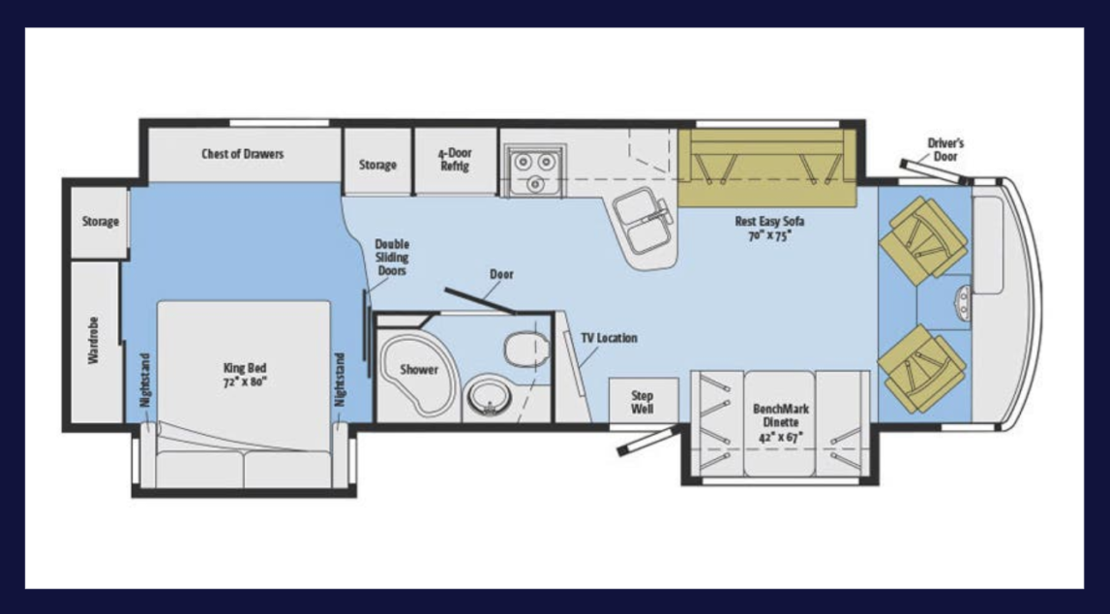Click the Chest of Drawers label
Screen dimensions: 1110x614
pyautogui.click(x=242, y=154)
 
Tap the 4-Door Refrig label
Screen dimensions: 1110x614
pyautogui.click(x=455, y=160)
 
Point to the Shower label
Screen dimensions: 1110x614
pyautogui.click(x=419, y=369)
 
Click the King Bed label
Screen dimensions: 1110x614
pyautogui.click(x=244, y=375)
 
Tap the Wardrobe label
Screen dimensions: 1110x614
pyautogui.click(x=93, y=340)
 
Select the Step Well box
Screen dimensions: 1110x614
pyautogui.click(x=643, y=402)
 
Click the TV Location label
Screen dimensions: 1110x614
pyautogui.click(x=609, y=338)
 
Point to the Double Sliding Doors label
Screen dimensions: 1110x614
pyautogui.click(x=392, y=258)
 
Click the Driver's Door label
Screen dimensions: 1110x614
pyautogui.click(x=945, y=149)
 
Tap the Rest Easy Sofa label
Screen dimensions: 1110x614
pyautogui.click(x=768, y=229)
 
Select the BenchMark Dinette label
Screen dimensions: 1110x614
pyautogui.click(x=781, y=422)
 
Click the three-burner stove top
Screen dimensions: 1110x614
pyautogui.click(x=534, y=170)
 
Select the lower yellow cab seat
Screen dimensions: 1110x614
pyautogui.click(x=921, y=368)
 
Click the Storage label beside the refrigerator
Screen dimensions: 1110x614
pyautogui.click(x=377, y=165)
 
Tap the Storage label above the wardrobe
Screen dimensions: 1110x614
pyautogui.click(x=100, y=221)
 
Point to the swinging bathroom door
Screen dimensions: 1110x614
pyautogui.click(x=480, y=300)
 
